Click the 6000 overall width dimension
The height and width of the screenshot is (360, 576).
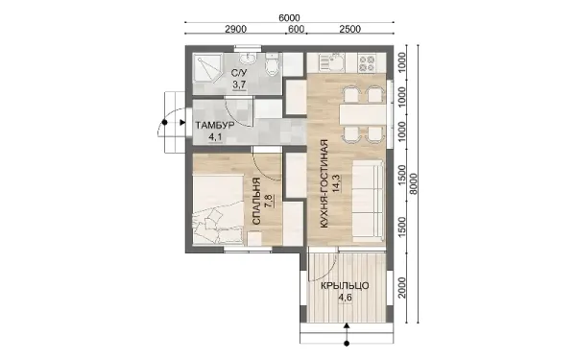[x=289, y=17]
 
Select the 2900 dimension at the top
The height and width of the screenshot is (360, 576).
[x=235, y=29]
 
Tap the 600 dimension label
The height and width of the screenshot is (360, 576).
[x=296, y=29]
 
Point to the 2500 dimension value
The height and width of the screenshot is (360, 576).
[x=350, y=29]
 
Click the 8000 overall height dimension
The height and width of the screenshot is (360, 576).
[x=414, y=183]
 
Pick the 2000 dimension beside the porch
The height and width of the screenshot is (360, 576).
[x=402, y=288]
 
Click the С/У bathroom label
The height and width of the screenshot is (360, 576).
[x=239, y=73]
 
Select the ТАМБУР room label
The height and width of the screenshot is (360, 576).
[x=215, y=125]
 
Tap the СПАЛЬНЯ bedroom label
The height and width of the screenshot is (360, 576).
[x=256, y=202]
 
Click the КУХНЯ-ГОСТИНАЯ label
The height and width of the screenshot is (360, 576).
[x=324, y=183]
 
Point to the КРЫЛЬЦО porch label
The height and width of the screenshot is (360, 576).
[x=345, y=286]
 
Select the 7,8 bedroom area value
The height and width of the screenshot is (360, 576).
[x=269, y=202]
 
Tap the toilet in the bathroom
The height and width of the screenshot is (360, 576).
[x=272, y=64]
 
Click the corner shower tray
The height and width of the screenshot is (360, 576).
[x=207, y=69]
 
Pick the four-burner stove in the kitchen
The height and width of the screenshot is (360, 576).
[x=367, y=62]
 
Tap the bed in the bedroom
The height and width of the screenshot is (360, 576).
[x=218, y=209]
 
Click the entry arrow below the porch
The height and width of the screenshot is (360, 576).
[x=347, y=333]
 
